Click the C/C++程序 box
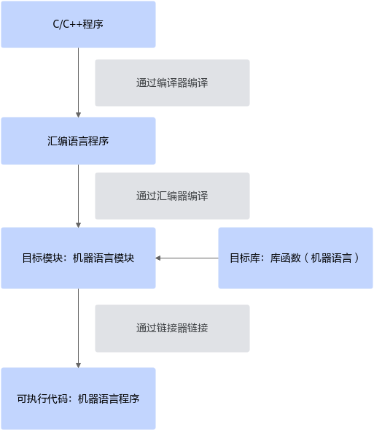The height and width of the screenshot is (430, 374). tap(78, 24)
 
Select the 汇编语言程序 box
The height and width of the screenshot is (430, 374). tap(78, 141)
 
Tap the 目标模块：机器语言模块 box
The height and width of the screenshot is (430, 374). tap(78, 258)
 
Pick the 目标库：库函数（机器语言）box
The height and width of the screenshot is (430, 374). tap(296, 258)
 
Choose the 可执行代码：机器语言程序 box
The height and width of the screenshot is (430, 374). tap(78, 399)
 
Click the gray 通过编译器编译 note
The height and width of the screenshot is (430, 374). tap(173, 82)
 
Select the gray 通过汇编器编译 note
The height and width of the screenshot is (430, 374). tap(173, 196)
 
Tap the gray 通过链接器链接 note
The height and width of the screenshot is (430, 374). tap(173, 329)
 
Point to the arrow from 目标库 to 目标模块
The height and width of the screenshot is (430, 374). tap(187, 258)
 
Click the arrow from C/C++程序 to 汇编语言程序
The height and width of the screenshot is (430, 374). tap(78, 82)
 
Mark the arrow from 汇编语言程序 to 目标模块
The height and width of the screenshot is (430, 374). tap(78, 196)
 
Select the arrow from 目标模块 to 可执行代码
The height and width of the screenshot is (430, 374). tap(78, 329)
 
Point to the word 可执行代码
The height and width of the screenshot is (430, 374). tap(42, 399)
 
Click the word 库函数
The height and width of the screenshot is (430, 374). tap(286, 258)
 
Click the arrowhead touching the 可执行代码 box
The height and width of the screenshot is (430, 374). tap(78, 366)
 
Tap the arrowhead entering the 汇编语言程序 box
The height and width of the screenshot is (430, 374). tap(78, 115)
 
